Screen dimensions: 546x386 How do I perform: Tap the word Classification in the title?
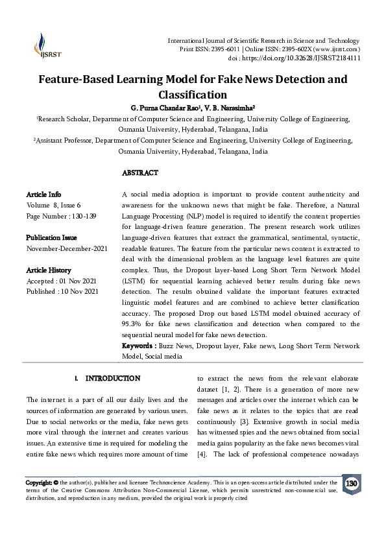(x=193, y=95)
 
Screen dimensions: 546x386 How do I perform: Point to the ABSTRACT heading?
(x=139, y=173)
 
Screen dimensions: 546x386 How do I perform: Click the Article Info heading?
(x=43, y=195)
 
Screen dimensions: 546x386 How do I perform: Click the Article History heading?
(x=49, y=270)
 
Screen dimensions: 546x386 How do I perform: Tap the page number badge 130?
(x=352, y=484)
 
